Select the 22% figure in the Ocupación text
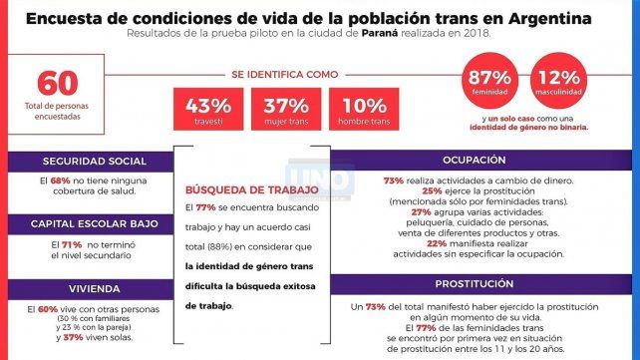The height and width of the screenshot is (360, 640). coord(411,244)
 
